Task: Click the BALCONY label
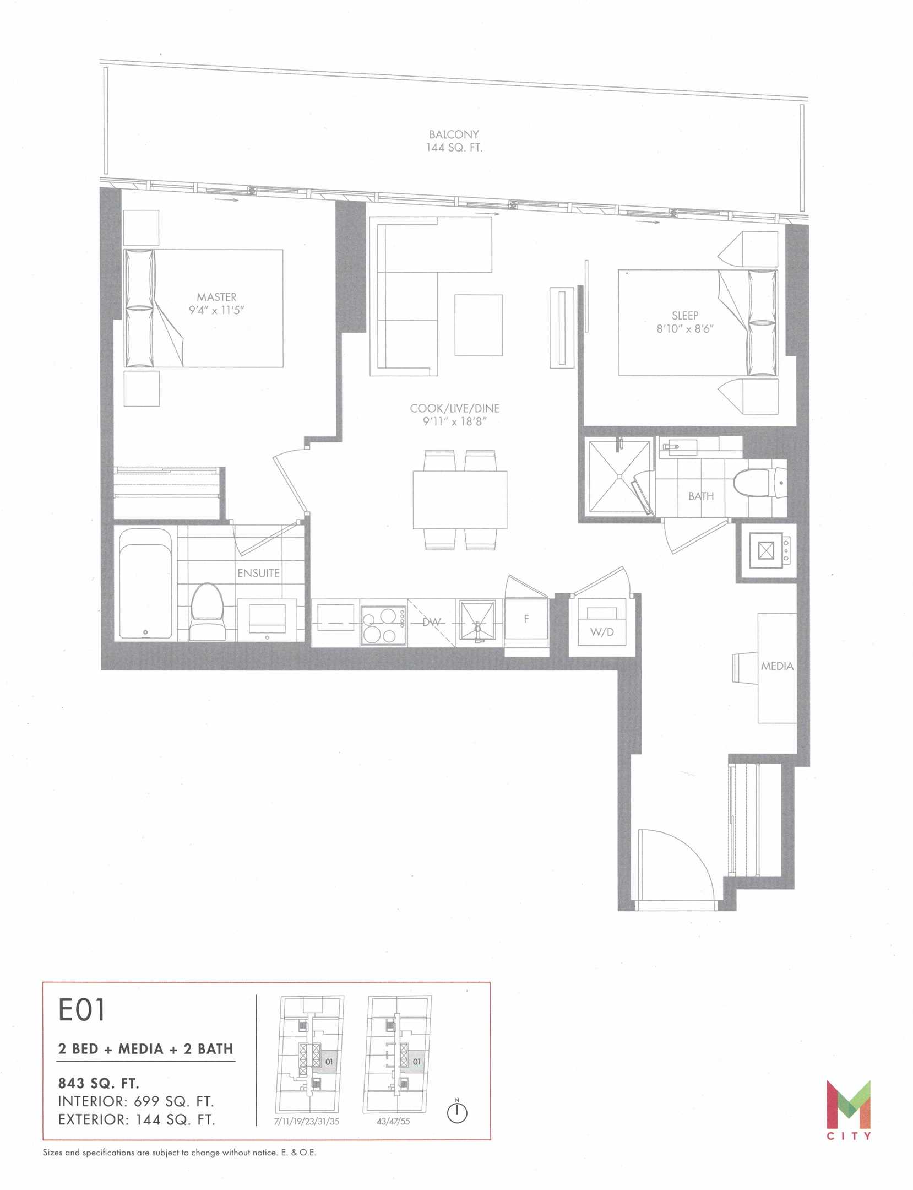tap(454, 134)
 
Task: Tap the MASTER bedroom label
tap(216, 297)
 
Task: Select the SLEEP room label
tap(685, 316)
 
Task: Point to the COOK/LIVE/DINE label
tap(455, 408)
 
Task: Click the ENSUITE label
tap(258, 573)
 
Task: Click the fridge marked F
tap(526, 627)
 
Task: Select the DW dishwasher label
tap(432, 622)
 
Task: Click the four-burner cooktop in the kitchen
tap(384, 625)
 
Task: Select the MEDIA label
tap(777, 666)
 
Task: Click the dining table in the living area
tap(460, 500)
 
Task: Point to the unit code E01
tap(81, 1010)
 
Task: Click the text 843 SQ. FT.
tap(99, 1083)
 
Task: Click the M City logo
tap(849, 1110)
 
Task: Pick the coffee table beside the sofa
tap(479, 326)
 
